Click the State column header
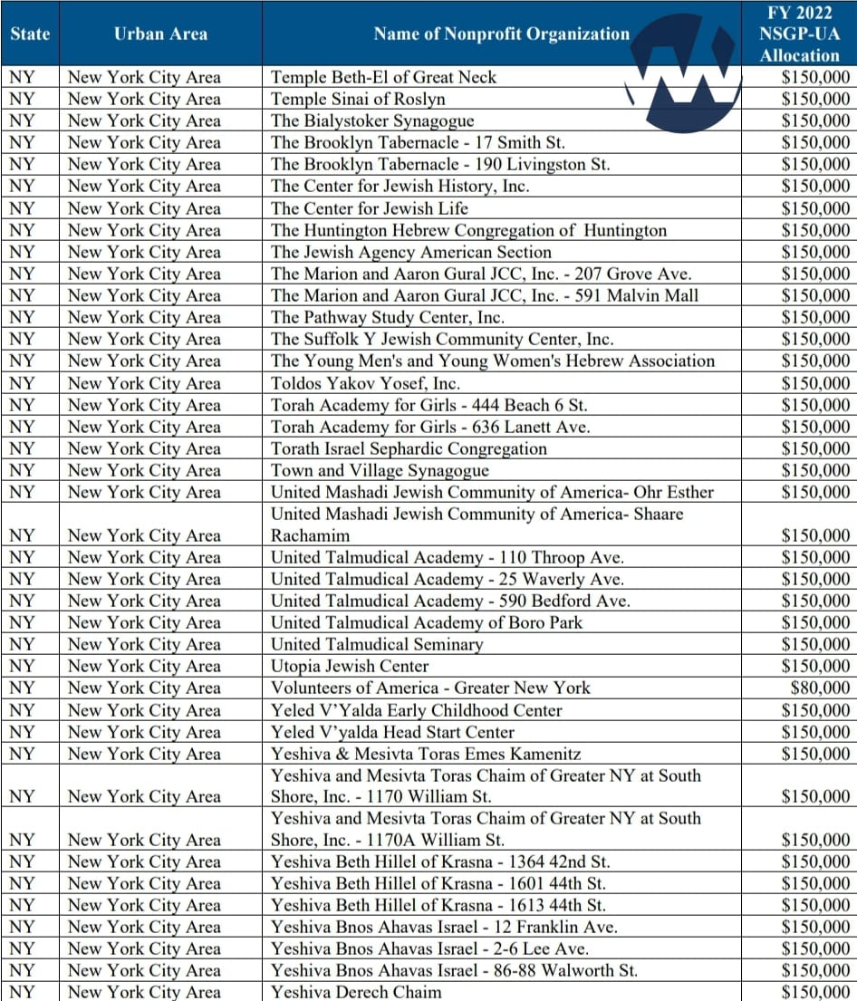pos(30,34)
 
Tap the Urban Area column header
pos(160,34)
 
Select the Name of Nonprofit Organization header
pos(501,34)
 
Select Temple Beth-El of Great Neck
pos(383,77)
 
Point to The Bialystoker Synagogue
pos(372,120)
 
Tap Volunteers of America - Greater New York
pos(430,688)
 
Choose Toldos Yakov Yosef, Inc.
pos(365,382)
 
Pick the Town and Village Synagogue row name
pos(380,470)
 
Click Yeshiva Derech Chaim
pos(356,991)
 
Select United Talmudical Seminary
pos(377,644)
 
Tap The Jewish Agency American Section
pos(410,252)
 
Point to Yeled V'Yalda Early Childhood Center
pos(417,710)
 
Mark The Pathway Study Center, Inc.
pos(388,317)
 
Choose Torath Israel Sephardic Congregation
pos(409,448)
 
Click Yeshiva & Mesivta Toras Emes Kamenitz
pos(426,754)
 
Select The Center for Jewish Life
pos(370,208)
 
